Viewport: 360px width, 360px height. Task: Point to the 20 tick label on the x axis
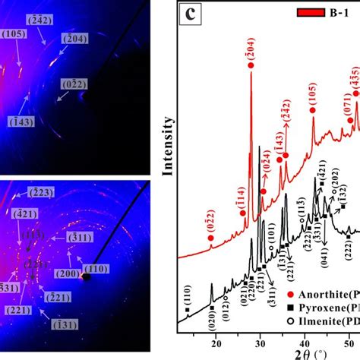214,341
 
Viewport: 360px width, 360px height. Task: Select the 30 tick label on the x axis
259,341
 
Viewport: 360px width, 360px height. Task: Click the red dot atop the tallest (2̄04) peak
251,66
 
